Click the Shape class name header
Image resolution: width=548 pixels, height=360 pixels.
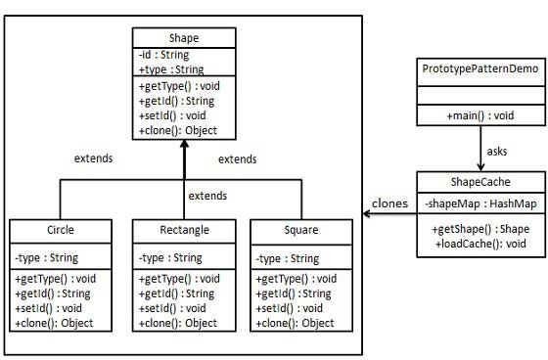coord(184,38)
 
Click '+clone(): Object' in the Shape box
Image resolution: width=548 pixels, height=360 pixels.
coord(178,130)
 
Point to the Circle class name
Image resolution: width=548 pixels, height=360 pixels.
coord(60,231)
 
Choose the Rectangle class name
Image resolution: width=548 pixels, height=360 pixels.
coord(184,231)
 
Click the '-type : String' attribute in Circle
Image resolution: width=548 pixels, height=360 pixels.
coord(48,258)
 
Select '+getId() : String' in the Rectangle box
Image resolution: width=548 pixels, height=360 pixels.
coord(176,293)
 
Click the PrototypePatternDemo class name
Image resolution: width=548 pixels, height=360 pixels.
coord(480,71)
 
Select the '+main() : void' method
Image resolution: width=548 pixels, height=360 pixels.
coord(480,115)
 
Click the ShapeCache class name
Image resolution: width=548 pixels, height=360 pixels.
coord(479,181)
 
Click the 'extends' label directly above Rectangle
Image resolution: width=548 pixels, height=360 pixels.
coord(207,197)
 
